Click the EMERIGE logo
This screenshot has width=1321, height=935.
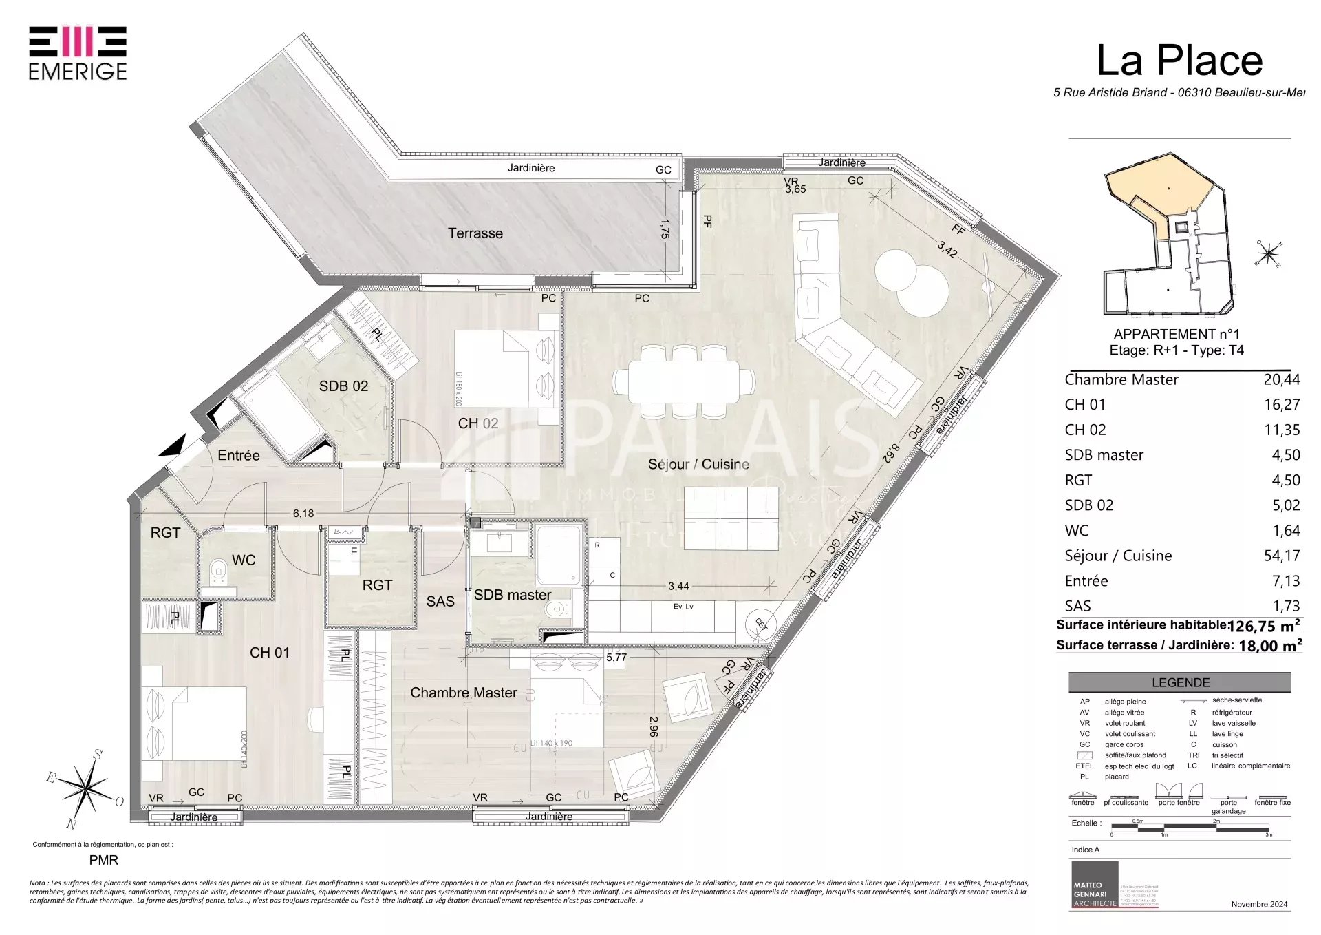(78, 53)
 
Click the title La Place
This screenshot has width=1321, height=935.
(1179, 61)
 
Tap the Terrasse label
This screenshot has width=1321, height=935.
(475, 233)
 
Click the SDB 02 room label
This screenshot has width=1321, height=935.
(343, 386)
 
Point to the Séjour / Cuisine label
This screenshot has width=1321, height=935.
(698, 464)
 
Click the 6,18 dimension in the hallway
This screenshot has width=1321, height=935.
(303, 514)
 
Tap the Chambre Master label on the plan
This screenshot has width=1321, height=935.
(463, 693)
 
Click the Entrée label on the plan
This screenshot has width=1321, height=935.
(239, 455)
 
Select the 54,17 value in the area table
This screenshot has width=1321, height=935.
(1281, 556)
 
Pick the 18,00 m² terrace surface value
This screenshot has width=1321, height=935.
(1269, 646)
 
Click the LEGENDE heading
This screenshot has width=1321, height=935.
(1180, 682)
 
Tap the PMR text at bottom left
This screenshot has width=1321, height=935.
(104, 860)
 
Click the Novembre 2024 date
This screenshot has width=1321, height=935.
(1258, 904)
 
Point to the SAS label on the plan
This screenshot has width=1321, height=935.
(440, 601)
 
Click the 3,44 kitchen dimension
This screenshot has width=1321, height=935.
(678, 587)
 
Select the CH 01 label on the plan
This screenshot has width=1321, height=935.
(269, 652)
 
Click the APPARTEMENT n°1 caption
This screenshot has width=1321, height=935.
(1176, 335)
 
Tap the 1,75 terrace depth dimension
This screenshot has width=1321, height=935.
(665, 229)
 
